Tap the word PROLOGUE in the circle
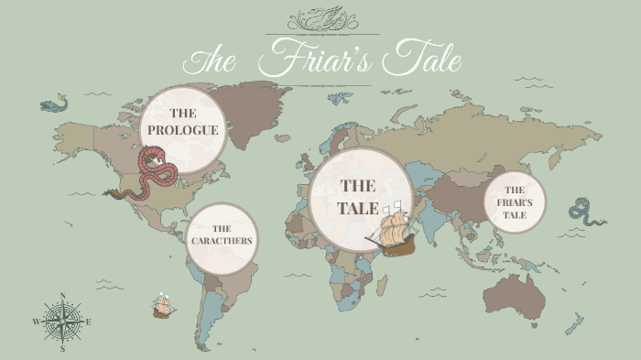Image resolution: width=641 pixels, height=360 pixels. pos(183,130)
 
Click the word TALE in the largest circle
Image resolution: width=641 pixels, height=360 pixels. pos(358,208)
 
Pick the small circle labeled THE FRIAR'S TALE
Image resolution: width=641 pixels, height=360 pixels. pos(514,202)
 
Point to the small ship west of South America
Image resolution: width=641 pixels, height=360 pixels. pos(164,305)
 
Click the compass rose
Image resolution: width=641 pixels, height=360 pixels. pos(62,322)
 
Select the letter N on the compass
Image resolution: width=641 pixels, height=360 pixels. pos(62,296)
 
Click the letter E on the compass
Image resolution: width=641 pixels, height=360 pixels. pos(89,322)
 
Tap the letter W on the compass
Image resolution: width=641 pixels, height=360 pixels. pos(37,322)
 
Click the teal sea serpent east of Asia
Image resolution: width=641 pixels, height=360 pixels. pos(585,212)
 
